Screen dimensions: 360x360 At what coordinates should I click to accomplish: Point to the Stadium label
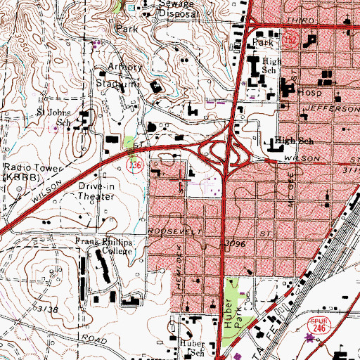point(117,84)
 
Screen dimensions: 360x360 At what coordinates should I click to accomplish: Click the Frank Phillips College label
point(106,247)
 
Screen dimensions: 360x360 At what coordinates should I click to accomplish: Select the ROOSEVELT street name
point(166,231)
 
